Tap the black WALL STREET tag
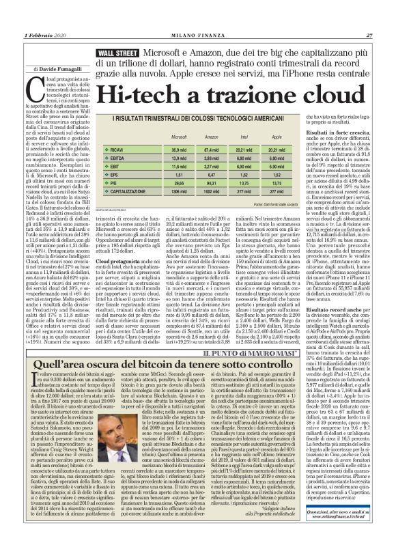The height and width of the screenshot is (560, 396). click(x=118, y=53)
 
